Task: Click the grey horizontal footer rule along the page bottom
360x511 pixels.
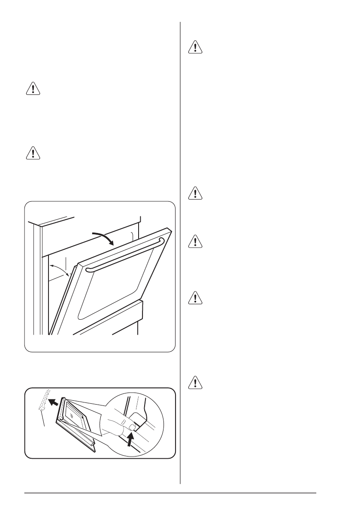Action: click(172, 493)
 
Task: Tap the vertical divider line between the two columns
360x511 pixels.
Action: click(180, 257)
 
